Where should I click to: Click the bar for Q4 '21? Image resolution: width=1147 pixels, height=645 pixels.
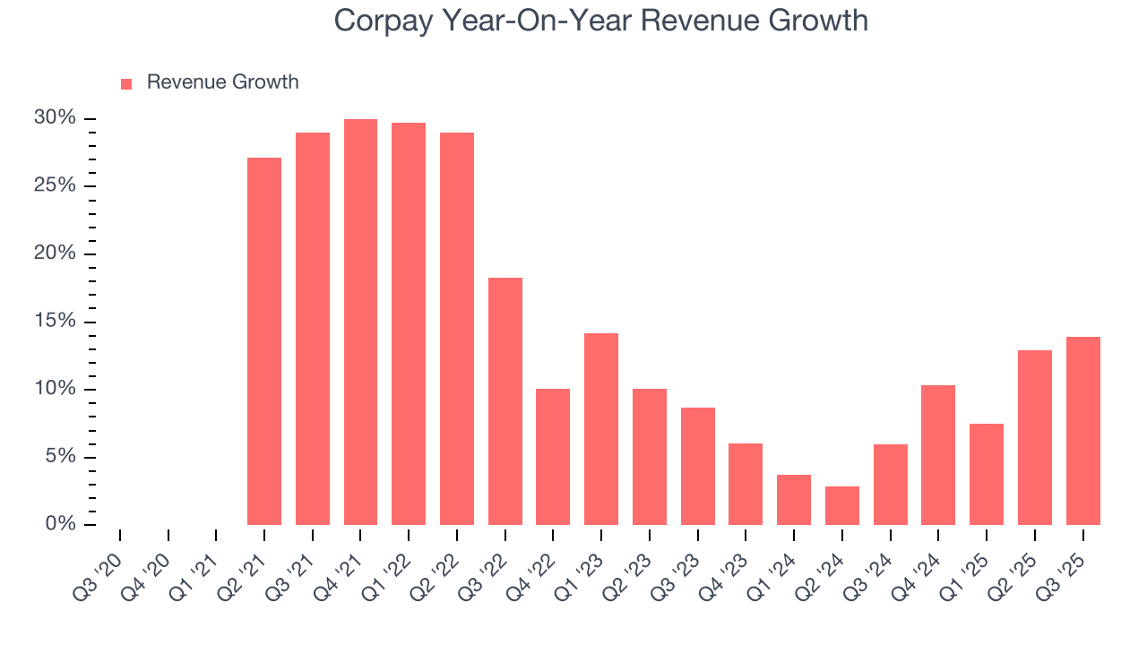360,322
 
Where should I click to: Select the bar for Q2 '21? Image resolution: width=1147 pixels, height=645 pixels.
264,341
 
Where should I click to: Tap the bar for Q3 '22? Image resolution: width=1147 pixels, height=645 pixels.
505,401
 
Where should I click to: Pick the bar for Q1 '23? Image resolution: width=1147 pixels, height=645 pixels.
601,429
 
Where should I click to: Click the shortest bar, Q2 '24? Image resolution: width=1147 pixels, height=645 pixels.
842,505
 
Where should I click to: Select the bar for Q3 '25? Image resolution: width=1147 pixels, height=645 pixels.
1083,431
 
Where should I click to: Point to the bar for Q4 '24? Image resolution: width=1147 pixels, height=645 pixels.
938,455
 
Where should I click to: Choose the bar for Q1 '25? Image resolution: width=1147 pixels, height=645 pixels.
987,474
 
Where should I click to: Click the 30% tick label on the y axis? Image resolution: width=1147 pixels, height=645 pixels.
55,118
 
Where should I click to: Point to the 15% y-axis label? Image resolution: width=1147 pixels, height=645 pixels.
55,322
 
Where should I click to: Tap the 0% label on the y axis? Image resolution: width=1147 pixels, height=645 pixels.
60,524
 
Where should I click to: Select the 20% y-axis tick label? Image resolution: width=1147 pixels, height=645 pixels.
55,254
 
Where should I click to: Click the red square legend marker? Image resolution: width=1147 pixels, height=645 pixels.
126,83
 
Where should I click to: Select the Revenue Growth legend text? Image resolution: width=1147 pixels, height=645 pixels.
222,82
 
